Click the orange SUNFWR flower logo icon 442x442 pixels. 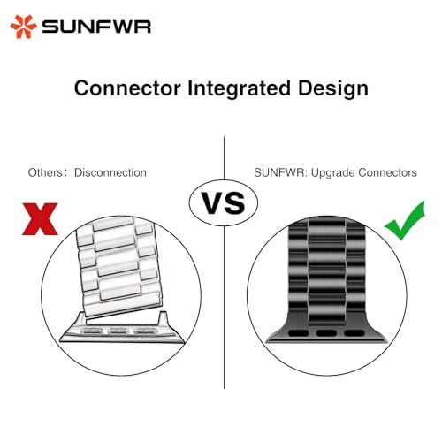(x=23, y=27)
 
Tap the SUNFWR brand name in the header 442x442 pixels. (x=96, y=27)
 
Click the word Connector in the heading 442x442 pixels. (x=127, y=88)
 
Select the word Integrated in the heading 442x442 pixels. (x=239, y=89)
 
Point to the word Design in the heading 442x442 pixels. (x=333, y=89)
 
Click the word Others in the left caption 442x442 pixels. (x=45, y=172)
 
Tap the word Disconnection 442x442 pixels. (x=110, y=172)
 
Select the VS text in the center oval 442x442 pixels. (x=223, y=203)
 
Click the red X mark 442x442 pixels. (x=40, y=218)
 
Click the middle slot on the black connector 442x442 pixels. (x=326, y=333)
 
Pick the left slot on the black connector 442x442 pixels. (x=299, y=333)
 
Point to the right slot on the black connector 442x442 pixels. (x=354, y=333)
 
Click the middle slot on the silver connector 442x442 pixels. (x=118, y=331)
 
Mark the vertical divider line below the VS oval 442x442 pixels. (x=224, y=308)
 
